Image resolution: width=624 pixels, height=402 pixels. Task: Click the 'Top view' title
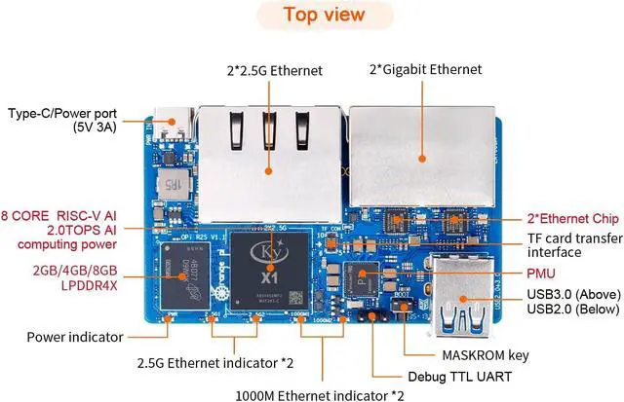pos(325,15)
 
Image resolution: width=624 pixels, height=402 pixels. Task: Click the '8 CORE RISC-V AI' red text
pos(58,215)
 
